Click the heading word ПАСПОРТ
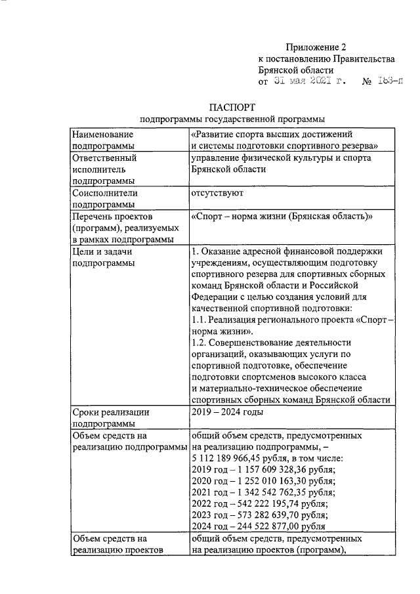(232, 107)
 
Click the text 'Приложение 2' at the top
(315, 47)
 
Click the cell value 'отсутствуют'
(217, 194)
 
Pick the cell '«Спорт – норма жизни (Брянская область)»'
(282, 217)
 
